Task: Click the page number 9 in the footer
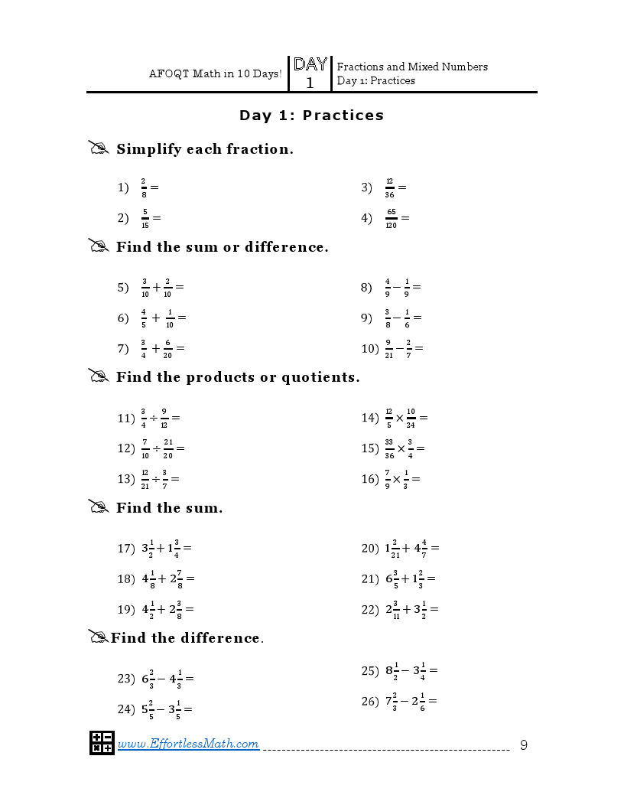tap(524, 744)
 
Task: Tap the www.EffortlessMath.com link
tap(188, 744)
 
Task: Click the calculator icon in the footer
tap(102, 743)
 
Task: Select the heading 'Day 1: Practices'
tap(311, 116)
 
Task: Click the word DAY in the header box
tap(310, 65)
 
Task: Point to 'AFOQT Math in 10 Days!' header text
tap(215, 74)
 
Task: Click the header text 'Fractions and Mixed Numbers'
tap(412, 67)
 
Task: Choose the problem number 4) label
tap(366, 218)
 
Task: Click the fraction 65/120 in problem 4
tap(391, 218)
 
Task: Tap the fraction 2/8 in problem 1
tap(143, 187)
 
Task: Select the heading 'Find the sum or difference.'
tap(222, 247)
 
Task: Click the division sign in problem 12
tap(156, 448)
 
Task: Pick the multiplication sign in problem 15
tap(401, 448)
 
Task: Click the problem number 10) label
tap(370, 349)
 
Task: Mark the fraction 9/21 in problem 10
tap(389, 349)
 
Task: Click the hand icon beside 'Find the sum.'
tap(99, 507)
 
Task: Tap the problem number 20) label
tap(370, 549)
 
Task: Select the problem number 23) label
tap(126, 679)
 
